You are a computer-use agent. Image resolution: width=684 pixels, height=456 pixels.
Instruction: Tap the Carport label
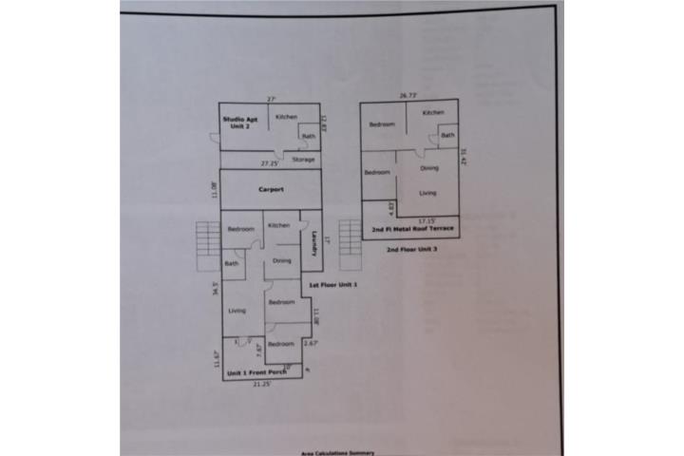click(x=272, y=189)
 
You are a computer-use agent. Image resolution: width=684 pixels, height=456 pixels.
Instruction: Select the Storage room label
click(x=303, y=160)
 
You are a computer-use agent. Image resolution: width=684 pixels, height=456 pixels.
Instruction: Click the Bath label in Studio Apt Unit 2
click(x=309, y=136)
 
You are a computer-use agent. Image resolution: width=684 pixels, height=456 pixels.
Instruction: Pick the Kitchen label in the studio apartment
click(x=286, y=117)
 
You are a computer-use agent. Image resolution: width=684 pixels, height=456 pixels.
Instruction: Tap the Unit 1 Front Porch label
click(x=254, y=373)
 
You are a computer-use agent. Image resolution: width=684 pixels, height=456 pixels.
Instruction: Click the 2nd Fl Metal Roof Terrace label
click(x=412, y=230)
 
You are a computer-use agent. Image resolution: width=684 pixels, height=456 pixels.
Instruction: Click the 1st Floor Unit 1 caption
click(x=332, y=286)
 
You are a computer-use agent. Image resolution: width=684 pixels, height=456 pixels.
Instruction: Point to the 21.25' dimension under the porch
click(x=262, y=385)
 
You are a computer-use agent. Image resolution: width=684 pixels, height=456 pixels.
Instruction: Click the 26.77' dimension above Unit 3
click(x=409, y=95)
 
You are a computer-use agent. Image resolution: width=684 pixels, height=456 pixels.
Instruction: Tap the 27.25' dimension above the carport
click(x=270, y=163)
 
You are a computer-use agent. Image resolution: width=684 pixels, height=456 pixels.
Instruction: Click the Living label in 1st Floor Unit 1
click(x=237, y=311)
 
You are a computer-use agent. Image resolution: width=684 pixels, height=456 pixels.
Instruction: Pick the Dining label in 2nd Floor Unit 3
click(x=429, y=168)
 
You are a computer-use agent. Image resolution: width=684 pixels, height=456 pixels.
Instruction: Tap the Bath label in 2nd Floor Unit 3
click(x=447, y=136)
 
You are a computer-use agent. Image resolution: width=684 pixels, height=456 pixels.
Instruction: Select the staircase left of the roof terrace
click(x=351, y=231)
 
